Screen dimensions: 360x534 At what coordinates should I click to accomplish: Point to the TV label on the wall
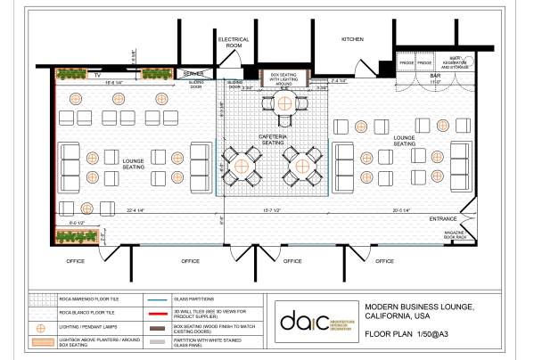click(71, 75)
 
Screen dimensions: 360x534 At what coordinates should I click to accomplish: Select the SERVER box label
click(194, 73)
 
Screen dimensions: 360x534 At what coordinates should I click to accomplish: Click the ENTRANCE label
click(443, 218)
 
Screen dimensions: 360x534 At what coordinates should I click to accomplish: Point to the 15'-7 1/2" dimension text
click(274, 210)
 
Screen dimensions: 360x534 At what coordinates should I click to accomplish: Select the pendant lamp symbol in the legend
click(38, 328)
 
